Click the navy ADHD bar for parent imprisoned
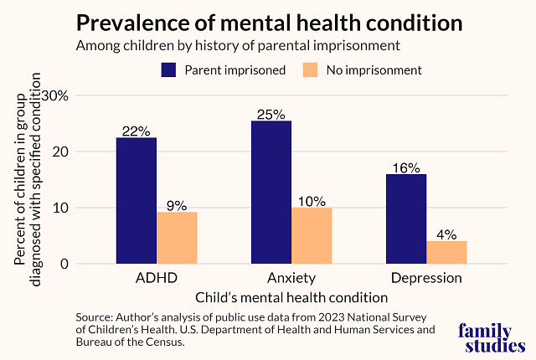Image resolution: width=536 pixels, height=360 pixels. point(137,201)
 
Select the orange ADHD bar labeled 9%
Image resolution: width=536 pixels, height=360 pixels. point(177,238)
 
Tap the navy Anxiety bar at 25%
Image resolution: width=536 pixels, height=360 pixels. point(271,193)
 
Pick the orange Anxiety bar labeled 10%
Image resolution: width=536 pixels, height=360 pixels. point(312,235)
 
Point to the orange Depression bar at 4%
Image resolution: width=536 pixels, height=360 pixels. point(446,252)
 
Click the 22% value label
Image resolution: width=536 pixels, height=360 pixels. point(137,131)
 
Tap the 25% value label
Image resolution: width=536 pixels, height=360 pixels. point(271,114)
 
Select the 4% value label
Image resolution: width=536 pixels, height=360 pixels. point(446,234)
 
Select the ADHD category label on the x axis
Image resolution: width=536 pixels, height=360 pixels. point(157,277)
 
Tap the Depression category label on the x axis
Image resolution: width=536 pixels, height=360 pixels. point(426,277)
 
